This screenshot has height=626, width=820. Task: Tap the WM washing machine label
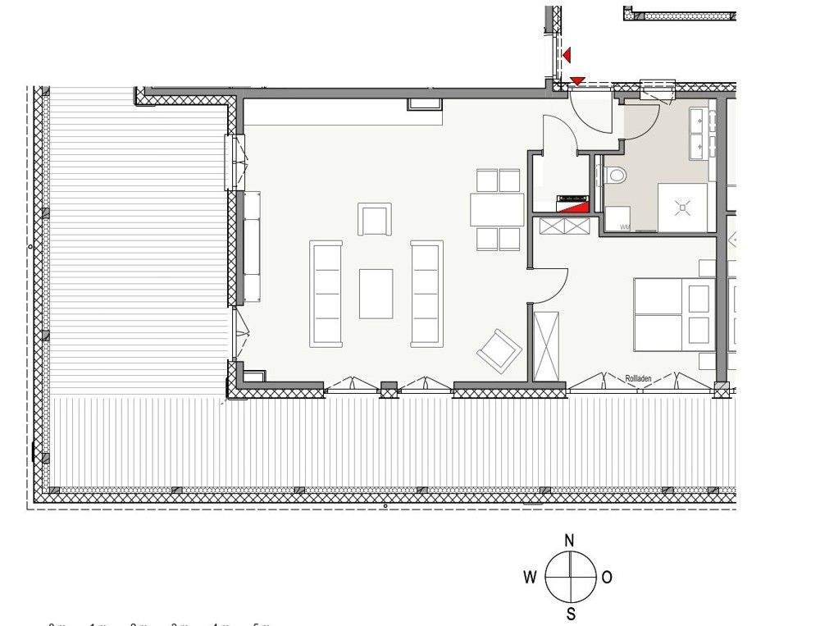[x=625, y=227]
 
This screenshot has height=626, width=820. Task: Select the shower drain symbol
[x=682, y=208]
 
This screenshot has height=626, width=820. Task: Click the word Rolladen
[x=638, y=378]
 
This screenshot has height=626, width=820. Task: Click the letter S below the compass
[x=570, y=615]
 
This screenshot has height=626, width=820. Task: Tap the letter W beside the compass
[x=531, y=577]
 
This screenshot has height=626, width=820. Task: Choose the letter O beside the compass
[x=607, y=577]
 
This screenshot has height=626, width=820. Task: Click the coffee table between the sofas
[x=376, y=294]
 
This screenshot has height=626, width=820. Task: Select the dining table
[x=497, y=209]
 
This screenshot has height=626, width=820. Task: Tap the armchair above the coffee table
[x=374, y=219]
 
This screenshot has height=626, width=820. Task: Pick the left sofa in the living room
[x=326, y=293]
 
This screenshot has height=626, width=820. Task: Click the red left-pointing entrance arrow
[x=567, y=55]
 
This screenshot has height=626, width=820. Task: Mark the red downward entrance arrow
[x=578, y=80]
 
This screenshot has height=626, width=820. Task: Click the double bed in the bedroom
[x=672, y=314]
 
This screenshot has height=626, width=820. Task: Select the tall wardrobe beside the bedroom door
[x=546, y=345]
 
